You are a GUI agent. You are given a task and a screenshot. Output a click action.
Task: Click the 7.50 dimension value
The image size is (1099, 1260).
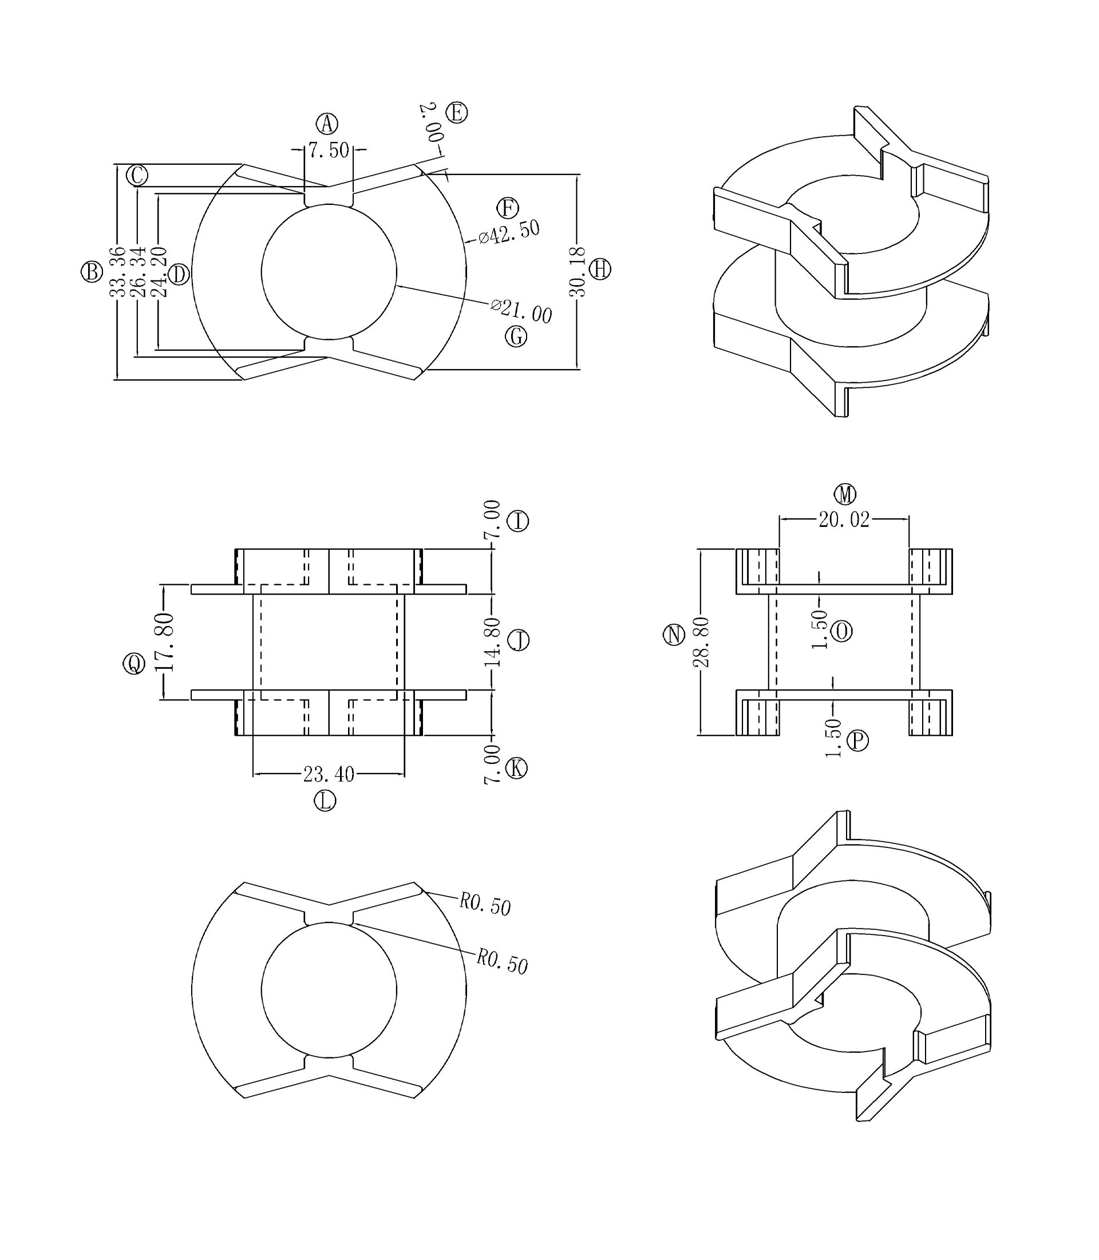329,150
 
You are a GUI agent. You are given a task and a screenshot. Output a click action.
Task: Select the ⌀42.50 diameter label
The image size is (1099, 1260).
509,232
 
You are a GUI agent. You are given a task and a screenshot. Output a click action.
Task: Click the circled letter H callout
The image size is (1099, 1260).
600,269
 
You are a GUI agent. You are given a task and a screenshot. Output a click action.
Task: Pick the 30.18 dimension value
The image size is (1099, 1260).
578,272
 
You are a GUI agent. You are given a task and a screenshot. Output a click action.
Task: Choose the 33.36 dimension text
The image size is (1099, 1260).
117,272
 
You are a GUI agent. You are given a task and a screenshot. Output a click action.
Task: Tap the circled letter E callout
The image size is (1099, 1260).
457,113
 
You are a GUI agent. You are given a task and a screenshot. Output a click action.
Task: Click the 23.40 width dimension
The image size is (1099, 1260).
329,774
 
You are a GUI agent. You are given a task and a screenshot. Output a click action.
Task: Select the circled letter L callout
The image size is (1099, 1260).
325,801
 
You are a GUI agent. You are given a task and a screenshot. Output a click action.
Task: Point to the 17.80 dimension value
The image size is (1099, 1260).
164,641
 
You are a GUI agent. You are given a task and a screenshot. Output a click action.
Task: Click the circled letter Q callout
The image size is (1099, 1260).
135,663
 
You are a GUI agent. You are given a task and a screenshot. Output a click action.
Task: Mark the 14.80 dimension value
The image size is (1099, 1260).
492,642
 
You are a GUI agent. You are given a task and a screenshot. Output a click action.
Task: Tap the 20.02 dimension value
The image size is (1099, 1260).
844,520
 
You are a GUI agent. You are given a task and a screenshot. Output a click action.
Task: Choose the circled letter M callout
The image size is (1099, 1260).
845,494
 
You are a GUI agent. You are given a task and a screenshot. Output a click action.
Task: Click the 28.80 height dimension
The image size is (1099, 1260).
701,642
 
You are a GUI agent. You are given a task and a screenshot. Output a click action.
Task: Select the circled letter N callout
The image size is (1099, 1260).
674,635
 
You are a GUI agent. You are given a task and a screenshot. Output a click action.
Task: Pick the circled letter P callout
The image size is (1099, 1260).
857,741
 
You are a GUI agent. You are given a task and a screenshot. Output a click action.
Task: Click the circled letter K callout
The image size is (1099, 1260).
516,768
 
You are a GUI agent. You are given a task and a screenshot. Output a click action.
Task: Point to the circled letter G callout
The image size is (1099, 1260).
516,336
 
